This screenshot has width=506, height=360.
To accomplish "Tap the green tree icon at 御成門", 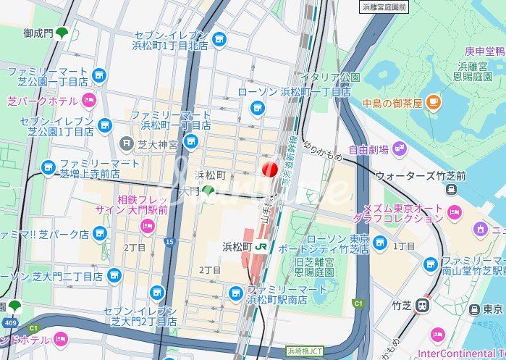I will (x=62, y=33).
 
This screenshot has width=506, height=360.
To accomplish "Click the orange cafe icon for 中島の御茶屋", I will (x=433, y=101).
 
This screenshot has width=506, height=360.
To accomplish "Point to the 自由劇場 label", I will (x=368, y=150).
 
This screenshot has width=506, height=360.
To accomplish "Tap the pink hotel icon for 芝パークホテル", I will (x=88, y=101).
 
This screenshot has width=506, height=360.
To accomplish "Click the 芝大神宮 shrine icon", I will (x=127, y=143).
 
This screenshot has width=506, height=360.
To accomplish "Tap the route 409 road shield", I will (x=9, y=322).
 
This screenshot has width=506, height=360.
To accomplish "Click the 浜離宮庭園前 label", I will (x=384, y=7).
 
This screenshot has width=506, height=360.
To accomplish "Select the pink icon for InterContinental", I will (x=437, y=335).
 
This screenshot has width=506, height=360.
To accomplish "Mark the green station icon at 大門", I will (x=208, y=192).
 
